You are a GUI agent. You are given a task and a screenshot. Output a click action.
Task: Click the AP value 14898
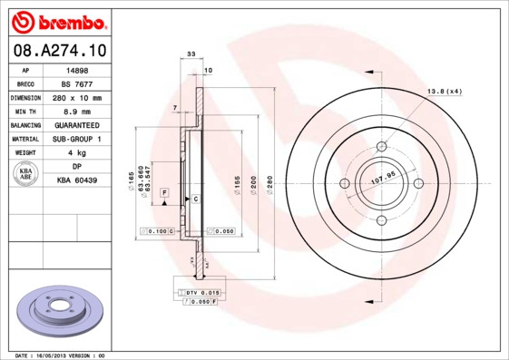pyautogui.click(x=77, y=70)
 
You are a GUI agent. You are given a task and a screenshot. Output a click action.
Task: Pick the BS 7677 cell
pyautogui.click(x=77, y=83)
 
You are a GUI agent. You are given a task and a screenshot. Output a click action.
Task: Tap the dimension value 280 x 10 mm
pyautogui.click(x=77, y=97)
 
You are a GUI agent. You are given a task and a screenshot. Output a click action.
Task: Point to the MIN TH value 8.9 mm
pyautogui.click(x=77, y=111)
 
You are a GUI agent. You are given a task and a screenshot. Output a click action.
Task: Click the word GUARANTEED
pyautogui.click(x=77, y=124)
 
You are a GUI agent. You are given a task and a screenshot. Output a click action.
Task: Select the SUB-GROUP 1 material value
pyautogui.click(x=77, y=139)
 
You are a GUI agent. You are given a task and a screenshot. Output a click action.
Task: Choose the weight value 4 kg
pyautogui.click(x=77, y=152)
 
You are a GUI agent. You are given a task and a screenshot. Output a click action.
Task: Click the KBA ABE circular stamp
pyautogui.click(x=25, y=174)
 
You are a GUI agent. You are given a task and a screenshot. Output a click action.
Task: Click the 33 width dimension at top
pyautogui.click(x=191, y=55)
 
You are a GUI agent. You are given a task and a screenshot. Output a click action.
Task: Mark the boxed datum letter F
pyautogui.click(x=165, y=193)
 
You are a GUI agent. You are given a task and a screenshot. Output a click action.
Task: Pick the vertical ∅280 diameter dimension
pyautogui.click(x=269, y=184)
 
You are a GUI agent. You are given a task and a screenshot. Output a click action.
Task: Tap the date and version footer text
pyautogui.click(x=61, y=355)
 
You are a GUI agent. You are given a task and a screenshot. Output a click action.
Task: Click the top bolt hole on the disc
pyautogui.click(x=381, y=146)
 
